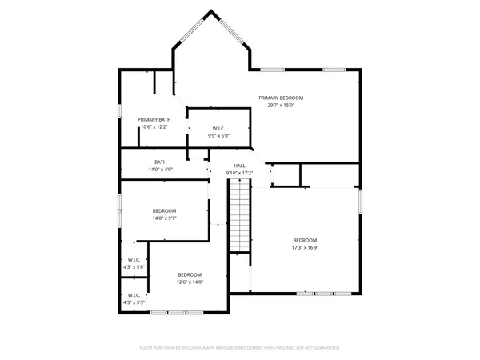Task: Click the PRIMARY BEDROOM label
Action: tap(281, 98)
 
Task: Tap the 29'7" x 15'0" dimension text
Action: tap(281, 105)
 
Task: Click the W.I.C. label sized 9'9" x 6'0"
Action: tap(218, 129)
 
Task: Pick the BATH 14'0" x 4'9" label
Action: tap(161, 162)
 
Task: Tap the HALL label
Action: tap(239, 166)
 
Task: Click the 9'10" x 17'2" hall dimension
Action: tap(239, 173)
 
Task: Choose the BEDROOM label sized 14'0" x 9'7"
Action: tap(164, 210)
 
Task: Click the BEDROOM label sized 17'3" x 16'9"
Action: tap(305, 241)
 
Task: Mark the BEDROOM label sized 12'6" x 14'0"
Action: tap(190, 274)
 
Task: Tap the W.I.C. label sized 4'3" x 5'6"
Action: tap(134, 259)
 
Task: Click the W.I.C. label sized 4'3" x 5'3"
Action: tap(134, 296)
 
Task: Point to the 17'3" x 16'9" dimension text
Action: tap(305, 248)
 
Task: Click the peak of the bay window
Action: tap(212, 11)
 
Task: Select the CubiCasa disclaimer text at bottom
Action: tap(240, 348)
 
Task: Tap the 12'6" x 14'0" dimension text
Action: tap(190, 282)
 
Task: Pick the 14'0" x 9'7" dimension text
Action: tap(164, 218)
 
